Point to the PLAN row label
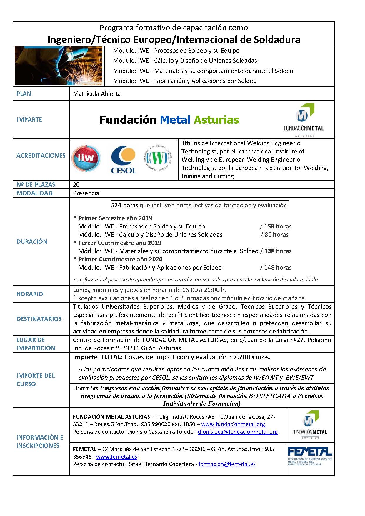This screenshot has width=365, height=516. [24, 94]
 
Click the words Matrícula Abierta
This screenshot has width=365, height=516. [97, 94]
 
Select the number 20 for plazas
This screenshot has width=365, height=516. [76, 185]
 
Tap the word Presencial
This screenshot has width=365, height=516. [87, 193]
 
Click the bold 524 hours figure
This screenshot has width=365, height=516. [116, 205]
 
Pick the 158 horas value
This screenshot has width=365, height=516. [278, 226]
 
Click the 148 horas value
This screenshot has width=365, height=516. [278, 268]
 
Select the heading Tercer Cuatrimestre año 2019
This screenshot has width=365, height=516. [120, 243]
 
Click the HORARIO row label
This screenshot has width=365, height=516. [30, 294]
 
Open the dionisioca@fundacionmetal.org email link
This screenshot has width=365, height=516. [238, 432]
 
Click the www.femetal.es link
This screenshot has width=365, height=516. [116, 457]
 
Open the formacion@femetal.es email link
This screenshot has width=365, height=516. [227, 464]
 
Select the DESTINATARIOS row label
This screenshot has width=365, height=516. [39, 319]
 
